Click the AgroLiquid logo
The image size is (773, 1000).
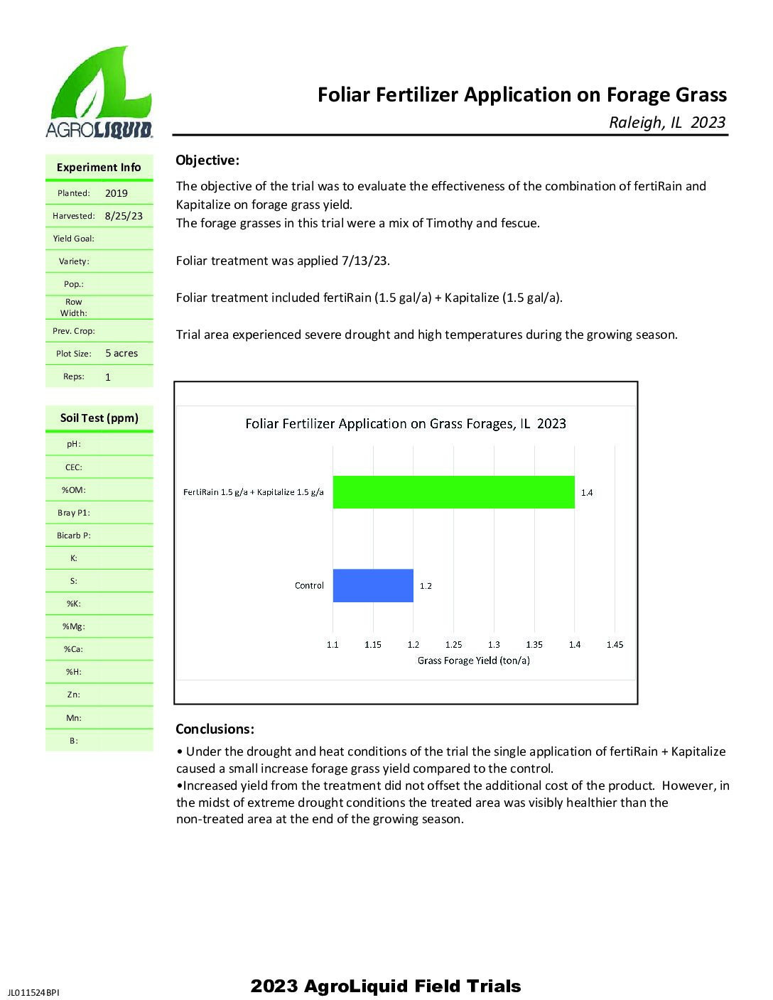pyautogui.click(x=99, y=92)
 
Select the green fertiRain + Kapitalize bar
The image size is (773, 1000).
pyautogui.click(x=453, y=492)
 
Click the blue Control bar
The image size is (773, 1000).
pyautogui.click(x=373, y=586)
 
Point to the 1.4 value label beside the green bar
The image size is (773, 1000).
pyautogui.click(x=587, y=493)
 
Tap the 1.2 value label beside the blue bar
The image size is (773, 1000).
pyautogui.click(x=426, y=586)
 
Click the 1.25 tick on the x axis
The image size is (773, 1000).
pyautogui.click(x=453, y=645)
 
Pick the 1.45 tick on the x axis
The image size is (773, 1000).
pyautogui.click(x=615, y=645)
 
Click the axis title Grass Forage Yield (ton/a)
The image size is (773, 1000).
pyautogui.click(x=473, y=661)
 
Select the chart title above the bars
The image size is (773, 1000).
pyautogui.click(x=406, y=424)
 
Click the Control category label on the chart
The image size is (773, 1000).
pyautogui.click(x=309, y=586)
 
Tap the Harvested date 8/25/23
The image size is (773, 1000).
pyautogui.click(x=124, y=216)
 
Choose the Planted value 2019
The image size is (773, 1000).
pyautogui.click(x=117, y=193)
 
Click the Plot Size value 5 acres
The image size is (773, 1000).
pyautogui.click(x=121, y=354)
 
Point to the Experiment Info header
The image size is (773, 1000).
pyautogui.click(x=99, y=168)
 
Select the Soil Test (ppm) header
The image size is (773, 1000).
pyautogui.click(x=99, y=418)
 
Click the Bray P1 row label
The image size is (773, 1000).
pyautogui.click(x=74, y=513)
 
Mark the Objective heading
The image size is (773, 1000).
pyautogui.click(x=207, y=161)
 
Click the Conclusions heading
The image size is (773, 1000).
pyautogui.click(x=215, y=729)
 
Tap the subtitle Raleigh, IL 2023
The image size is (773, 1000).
pyautogui.click(x=667, y=122)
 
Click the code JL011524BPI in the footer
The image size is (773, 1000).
pyautogui.click(x=34, y=992)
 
